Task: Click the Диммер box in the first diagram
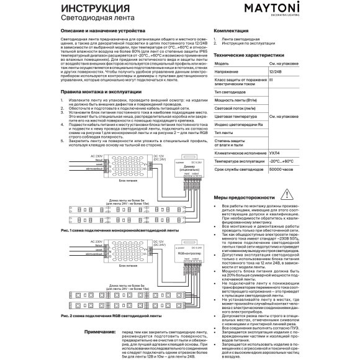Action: pyautogui.click(x=187, y=165)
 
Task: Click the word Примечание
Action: pyautogui.click(x=99, y=331)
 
